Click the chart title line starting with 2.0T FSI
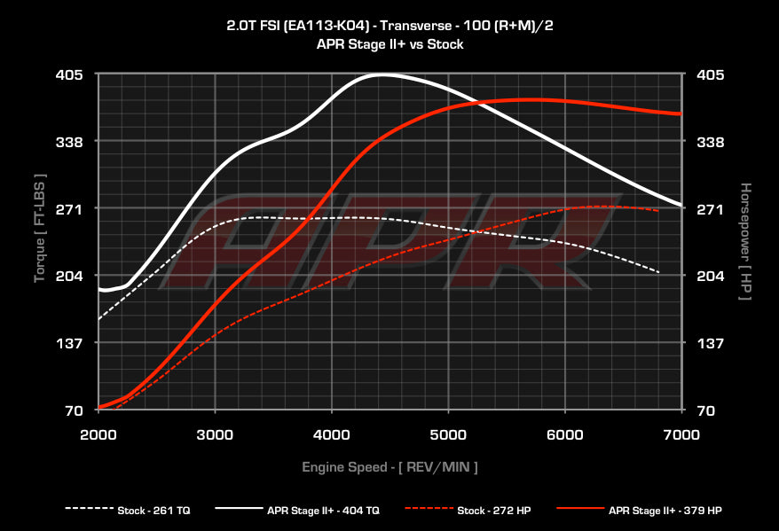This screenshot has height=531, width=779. click(389, 26)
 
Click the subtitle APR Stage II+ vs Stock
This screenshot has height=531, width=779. click(389, 43)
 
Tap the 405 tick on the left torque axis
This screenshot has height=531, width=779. click(70, 74)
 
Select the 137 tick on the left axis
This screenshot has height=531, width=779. click(70, 343)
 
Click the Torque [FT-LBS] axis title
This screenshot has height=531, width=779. click(40, 229)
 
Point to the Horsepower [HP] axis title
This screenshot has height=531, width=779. click(746, 241)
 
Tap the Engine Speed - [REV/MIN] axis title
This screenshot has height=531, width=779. click(390, 466)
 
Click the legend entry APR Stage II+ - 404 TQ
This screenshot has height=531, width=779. click(324, 510)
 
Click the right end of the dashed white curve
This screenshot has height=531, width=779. click(658, 272)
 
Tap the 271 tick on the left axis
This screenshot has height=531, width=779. click(70, 209)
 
